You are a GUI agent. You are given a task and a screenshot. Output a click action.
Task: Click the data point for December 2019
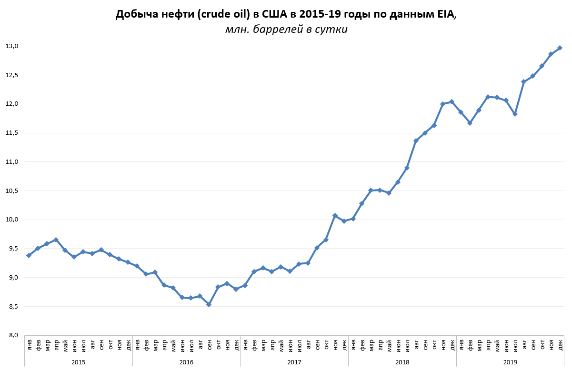click(x=560, y=48)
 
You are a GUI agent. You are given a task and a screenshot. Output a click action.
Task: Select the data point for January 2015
click(x=29, y=255)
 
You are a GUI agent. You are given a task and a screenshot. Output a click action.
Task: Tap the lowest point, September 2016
click(x=209, y=304)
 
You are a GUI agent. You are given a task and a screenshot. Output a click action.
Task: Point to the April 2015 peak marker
click(x=56, y=240)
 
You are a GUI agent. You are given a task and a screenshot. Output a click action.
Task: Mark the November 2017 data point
click(x=335, y=216)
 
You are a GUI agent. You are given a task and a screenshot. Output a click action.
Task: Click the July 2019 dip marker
click(x=515, y=114)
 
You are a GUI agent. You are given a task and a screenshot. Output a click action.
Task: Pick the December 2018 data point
click(x=452, y=101)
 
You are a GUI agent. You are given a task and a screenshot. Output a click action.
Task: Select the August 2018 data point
click(x=416, y=140)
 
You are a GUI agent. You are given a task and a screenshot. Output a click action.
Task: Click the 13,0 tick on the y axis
click(x=12, y=46)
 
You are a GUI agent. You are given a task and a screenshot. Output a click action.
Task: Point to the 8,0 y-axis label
click(x=12, y=335)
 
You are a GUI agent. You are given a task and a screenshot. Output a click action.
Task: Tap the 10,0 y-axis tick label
click(x=12, y=220)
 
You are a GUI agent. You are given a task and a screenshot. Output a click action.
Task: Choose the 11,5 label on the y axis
click(x=12, y=133)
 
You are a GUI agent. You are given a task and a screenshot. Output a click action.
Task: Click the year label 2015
click(x=79, y=362)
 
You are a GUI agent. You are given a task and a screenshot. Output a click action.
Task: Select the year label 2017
click(x=294, y=362)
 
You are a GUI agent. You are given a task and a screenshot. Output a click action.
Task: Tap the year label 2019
click(x=510, y=362)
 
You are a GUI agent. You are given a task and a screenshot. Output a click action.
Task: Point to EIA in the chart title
click(x=445, y=15)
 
